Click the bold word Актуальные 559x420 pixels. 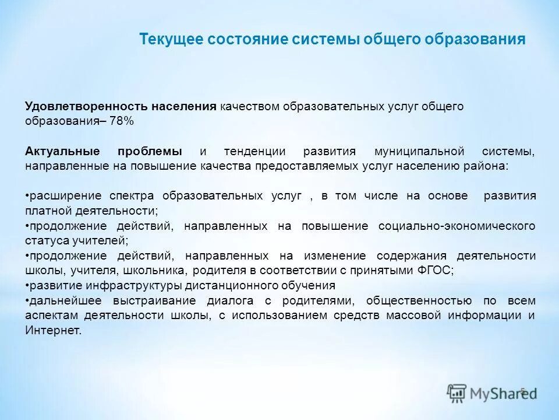(62, 151)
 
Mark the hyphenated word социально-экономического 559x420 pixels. (457, 226)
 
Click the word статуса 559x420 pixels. (45, 240)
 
